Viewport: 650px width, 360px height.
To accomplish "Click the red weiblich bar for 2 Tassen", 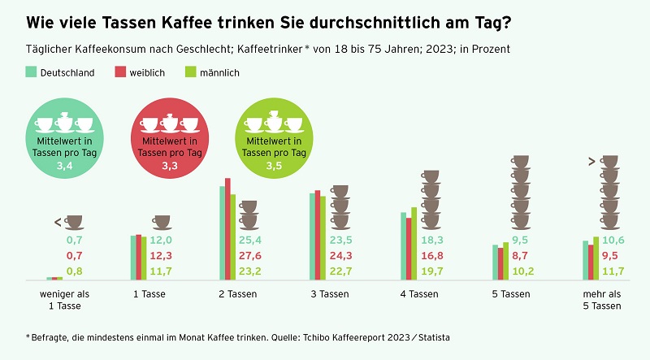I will (228, 229).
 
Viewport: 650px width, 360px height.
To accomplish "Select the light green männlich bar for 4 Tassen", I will (414, 244).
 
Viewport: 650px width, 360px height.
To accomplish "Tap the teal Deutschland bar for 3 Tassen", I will (312, 236).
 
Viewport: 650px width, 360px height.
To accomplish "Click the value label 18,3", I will (432, 241).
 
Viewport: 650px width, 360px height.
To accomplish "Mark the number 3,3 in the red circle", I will (170, 165).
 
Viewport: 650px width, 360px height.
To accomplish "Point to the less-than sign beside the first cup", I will (58, 222).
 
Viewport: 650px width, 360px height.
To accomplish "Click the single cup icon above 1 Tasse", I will (162, 222).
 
